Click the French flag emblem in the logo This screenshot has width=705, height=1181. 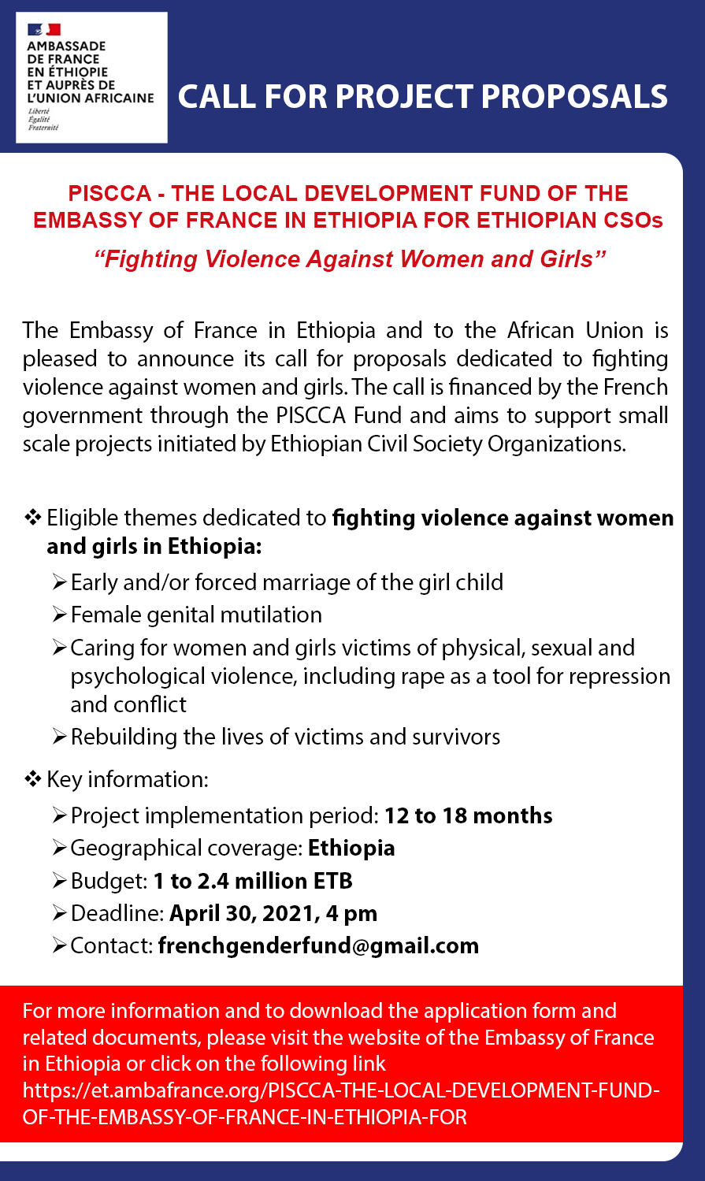44,30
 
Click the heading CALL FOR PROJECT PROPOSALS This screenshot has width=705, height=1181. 422,97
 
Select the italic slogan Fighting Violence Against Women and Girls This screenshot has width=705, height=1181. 350,259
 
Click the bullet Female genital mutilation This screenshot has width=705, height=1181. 196,615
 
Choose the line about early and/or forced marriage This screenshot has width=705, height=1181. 287,582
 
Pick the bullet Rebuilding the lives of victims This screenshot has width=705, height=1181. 285,737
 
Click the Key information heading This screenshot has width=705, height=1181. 127,779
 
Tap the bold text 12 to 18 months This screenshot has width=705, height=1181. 468,815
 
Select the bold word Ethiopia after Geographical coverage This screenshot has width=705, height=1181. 351,848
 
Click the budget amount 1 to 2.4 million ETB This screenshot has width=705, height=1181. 253,881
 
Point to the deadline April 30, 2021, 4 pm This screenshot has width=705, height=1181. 273,913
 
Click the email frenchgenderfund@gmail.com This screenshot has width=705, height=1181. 318,945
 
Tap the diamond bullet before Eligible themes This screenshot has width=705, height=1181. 33,518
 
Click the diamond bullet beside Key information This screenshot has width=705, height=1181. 33,779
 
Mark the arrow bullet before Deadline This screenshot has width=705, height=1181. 60,913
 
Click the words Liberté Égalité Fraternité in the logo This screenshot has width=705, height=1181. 43,119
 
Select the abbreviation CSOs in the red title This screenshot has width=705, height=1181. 633,220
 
